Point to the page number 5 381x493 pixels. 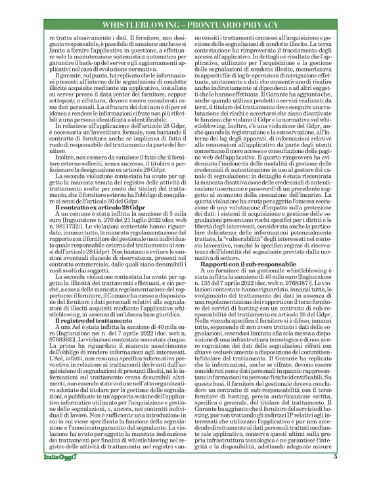point(335,475)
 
